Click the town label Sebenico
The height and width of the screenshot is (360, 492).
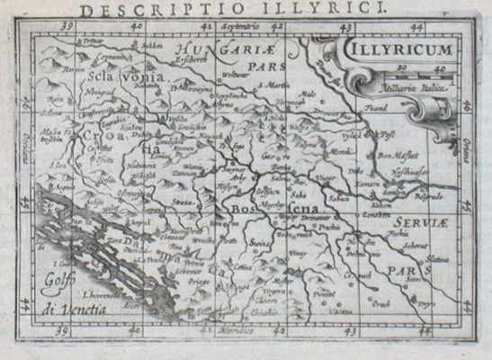click(190, 270)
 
